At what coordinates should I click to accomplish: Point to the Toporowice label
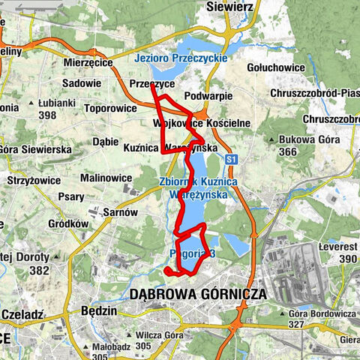(111, 108)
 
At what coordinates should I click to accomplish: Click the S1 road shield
(232, 159)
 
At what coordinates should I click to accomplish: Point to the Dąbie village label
(106, 140)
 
